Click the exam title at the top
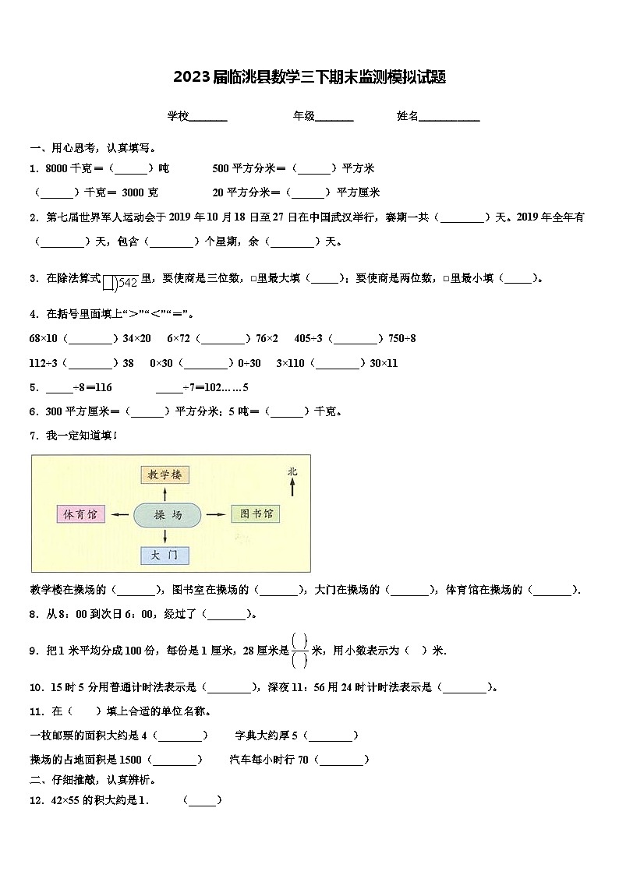coord(309,77)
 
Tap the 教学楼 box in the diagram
coord(165,475)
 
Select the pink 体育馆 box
coord(81,514)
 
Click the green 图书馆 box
coord(255,514)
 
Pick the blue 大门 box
coord(165,555)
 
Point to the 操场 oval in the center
coord(167,514)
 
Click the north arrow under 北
coord(292,487)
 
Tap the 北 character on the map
coord(292,471)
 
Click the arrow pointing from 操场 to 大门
coord(165,535)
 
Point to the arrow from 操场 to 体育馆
coord(120,514)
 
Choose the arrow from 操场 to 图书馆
coord(216,514)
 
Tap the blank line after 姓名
coord(450,119)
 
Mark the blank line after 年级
coord(334,119)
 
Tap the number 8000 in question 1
coord(57,168)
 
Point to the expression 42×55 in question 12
coord(65,800)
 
